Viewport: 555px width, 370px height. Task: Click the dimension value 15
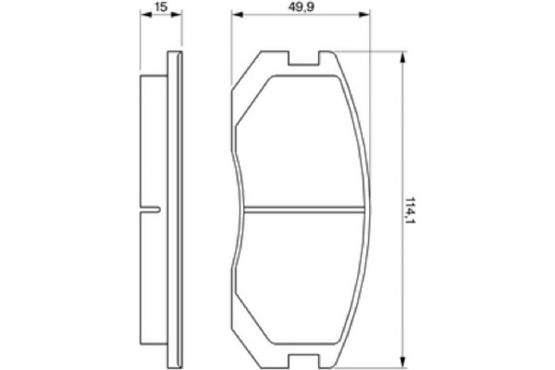pos(161,7)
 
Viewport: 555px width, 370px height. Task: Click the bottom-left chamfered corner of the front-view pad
pos(243,344)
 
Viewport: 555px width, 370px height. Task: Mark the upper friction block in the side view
pos(152,139)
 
